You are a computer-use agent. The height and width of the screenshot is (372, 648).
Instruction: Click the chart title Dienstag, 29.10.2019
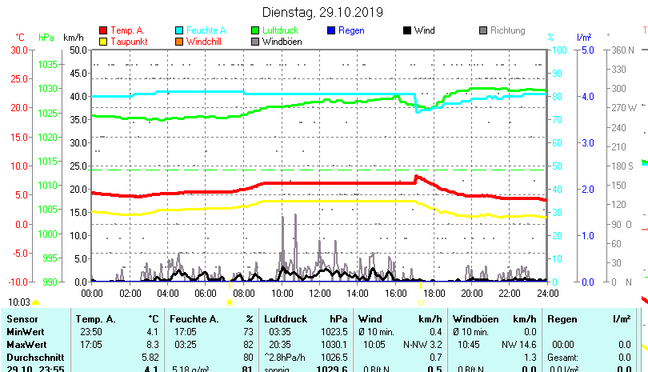click(322, 13)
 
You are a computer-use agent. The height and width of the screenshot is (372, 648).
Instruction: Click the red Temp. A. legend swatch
click(102, 30)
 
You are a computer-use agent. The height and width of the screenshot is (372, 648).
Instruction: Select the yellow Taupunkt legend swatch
click(102, 42)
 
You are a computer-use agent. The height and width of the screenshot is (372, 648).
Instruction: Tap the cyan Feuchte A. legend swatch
click(179, 30)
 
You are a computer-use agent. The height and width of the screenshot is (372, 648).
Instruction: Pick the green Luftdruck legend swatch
click(256, 30)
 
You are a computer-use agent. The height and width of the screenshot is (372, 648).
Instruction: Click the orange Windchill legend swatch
click(179, 42)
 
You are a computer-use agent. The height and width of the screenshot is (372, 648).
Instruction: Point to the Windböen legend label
click(282, 42)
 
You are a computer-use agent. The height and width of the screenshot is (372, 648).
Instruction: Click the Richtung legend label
click(507, 30)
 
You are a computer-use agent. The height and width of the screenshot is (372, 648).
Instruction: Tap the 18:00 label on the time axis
click(434, 293)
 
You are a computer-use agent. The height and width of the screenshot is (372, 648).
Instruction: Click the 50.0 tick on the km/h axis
click(78, 50)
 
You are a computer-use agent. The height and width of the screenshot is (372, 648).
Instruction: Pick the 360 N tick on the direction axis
click(622, 50)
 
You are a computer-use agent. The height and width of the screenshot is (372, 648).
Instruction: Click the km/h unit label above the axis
click(73, 37)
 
